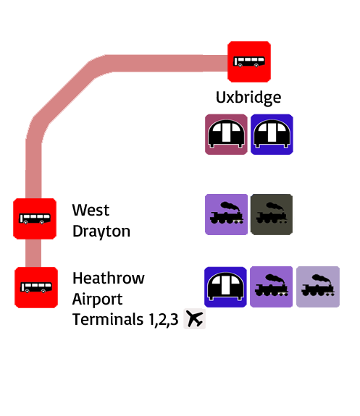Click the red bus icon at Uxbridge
click(x=249, y=61)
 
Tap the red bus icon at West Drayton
click(x=35, y=218)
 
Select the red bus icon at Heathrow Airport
click(x=36, y=288)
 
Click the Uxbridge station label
click(x=248, y=98)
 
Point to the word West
click(x=91, y=210)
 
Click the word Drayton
click(x=101, y=232)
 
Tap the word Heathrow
click(x=109, y=278)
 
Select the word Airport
click(x=97, y=300)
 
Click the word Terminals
click(x=108, y=319)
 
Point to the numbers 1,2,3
click(x=164, y=320)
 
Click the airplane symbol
click(x=194, y=318)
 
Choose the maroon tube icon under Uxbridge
click(x=226, y=135)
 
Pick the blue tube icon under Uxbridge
click(x=272, y=135)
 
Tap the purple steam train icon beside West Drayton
click(x=227, y=214)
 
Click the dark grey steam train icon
click(x=272, y=214)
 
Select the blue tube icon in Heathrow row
click(x=225, y=287)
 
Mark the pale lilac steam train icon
click(x=318, y=286)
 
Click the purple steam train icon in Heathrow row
click(x=271, y=286)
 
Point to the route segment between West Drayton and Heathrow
click(x=33, y=253)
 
